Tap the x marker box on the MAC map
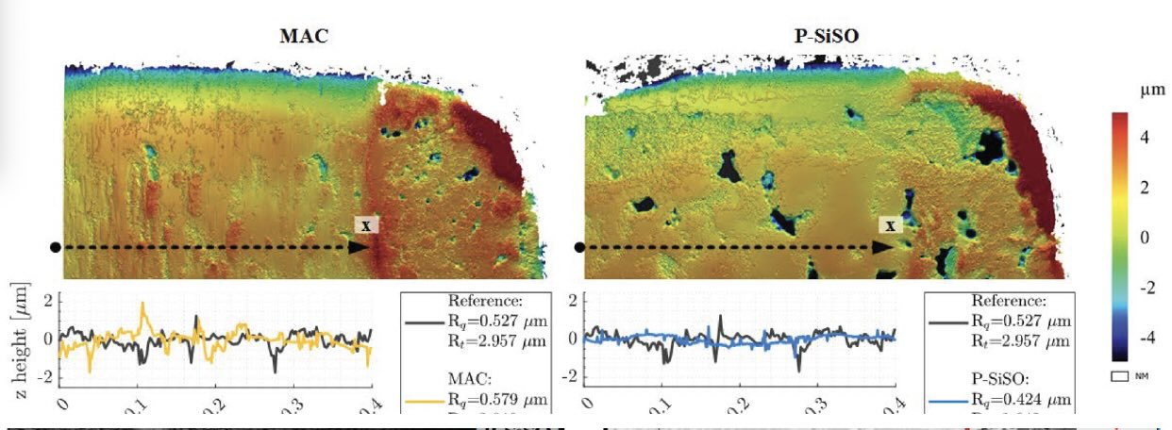tap(366, 224)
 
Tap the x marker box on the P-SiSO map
tap(889, 224)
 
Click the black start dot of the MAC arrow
tap(56, 247)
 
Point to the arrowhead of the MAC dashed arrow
tap(358, 247)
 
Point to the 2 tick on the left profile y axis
tap(48, 302)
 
